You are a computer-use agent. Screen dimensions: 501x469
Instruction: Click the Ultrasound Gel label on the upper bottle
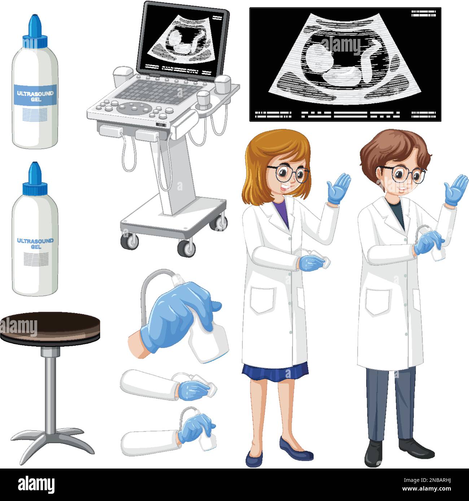pos(35,95)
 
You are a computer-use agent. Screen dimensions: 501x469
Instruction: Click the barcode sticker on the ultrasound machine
pos(162,125)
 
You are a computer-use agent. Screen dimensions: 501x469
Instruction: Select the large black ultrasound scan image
pos(345,63)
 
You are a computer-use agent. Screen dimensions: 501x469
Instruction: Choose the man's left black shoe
pos(373,453)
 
